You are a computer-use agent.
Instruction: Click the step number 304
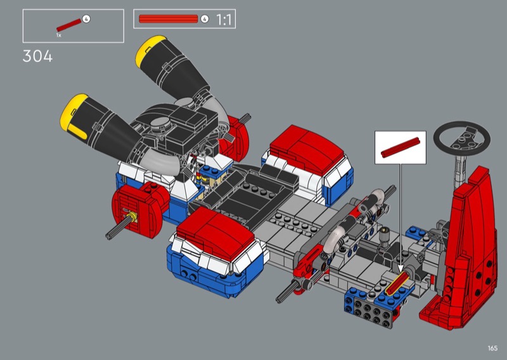37,56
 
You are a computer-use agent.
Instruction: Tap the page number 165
492,348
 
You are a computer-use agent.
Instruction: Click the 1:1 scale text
224,20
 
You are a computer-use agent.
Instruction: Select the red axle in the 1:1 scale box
168,19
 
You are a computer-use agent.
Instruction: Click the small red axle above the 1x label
69,25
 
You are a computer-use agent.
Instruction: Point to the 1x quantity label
58,35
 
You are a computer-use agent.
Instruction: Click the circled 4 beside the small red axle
86,19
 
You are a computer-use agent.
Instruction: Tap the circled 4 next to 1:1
204,19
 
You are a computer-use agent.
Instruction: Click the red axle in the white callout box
401,148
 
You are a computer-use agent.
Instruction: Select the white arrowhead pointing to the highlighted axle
401,269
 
